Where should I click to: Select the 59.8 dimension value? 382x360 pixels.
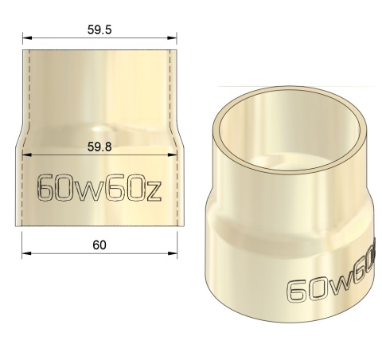click(99, 146)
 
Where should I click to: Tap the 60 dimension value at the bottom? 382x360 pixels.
click(99, 244)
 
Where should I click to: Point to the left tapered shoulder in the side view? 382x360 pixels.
click(24, 135)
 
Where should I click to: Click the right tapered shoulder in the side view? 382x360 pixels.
click(175, 135)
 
